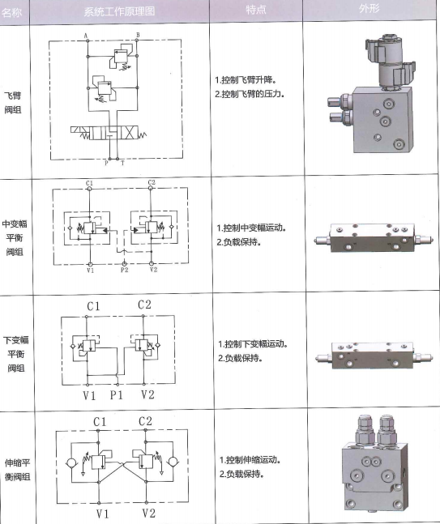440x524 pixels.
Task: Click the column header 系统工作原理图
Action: tap(119, 11)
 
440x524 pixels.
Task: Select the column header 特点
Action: tap(256, 10)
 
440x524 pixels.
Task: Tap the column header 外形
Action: tap(370, 8)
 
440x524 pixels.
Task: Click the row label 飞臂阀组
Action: tap(13, 103)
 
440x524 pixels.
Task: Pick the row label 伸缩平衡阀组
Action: tap(17, 470)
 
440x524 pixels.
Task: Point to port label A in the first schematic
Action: tap(86, 36)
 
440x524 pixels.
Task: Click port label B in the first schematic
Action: tap(138, 35)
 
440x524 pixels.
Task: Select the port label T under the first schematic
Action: tap(122, 164)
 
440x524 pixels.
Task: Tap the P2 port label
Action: tap(124, 270)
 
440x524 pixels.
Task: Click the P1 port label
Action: tap(117, 395)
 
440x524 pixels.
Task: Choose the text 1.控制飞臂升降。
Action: tap(246, 80)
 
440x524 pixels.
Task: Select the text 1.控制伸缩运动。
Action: tap(250, 460)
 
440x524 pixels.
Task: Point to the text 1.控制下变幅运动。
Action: tap(253, 344)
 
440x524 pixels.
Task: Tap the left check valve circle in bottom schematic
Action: tap(71, 463)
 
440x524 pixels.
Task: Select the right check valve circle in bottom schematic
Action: tap(173, 462)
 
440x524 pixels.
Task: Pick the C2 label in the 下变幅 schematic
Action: tap(144, 305)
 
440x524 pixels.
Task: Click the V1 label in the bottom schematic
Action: tap(102, 513)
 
